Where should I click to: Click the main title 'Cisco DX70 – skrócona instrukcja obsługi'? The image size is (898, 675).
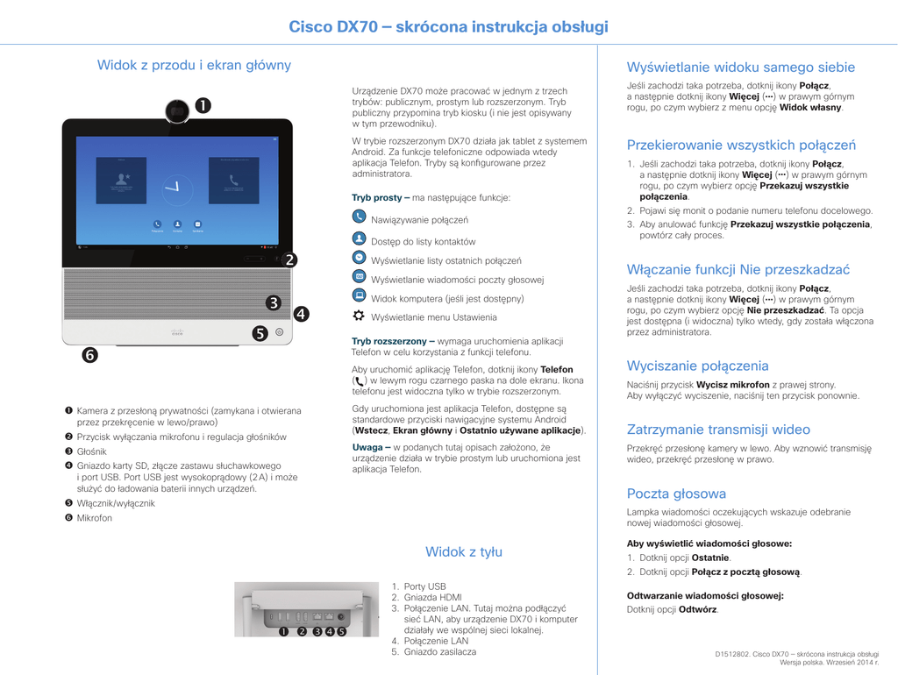click(448, 26)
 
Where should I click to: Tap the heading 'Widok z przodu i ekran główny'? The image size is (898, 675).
click(194, 65)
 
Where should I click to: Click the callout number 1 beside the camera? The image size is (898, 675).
click(203, 106)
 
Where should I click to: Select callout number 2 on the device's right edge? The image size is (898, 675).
click(289, 259)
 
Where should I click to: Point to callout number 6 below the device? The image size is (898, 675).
click(90, 355)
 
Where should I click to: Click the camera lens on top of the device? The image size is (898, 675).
click(178, 110)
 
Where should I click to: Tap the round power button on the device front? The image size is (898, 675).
click(279, 333)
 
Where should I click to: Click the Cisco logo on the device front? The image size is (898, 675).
click(177, 332)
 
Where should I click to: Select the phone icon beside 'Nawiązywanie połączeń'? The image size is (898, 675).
click(359, 217)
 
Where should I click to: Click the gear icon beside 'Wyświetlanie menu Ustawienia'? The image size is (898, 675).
click(359, 315)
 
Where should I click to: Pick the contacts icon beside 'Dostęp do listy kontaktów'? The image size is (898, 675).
click(359, 238)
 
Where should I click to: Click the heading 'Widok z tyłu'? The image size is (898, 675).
click(464, 551)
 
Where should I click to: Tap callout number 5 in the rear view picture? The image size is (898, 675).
click(342, 631)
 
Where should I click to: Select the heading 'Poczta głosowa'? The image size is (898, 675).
click(676, 494)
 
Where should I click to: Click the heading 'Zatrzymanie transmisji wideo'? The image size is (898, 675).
click(718, 430)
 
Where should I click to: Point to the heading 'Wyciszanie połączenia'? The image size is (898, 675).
click(697, 366)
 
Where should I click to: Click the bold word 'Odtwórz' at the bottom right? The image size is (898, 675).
click(698, 609)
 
